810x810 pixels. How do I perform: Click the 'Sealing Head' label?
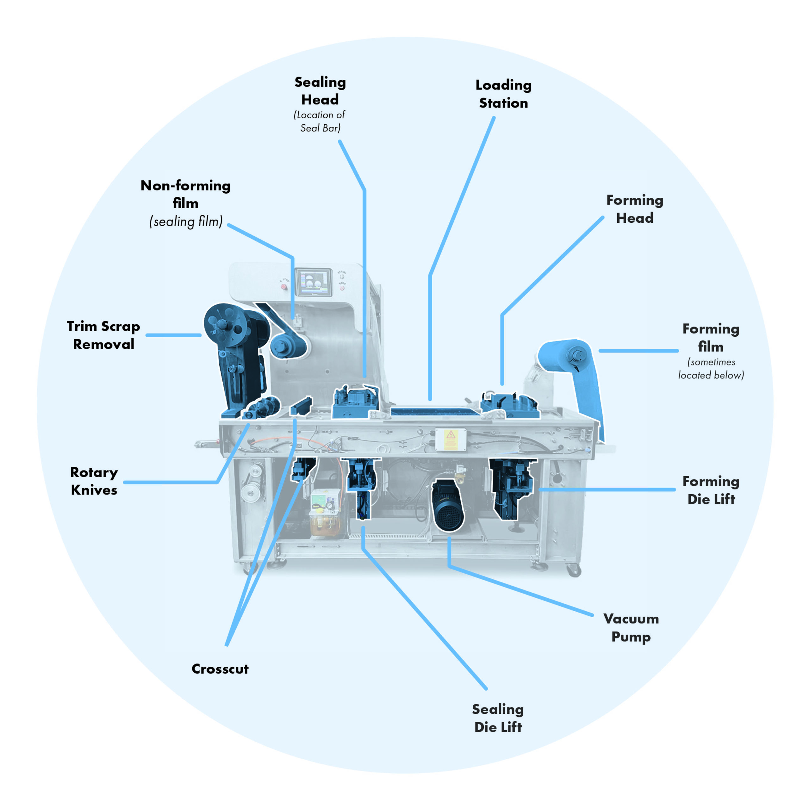click(x=320, y=90)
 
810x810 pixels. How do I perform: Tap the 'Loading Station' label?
click(x=503, y=94)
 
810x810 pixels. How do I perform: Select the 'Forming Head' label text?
click(x=635, y=209)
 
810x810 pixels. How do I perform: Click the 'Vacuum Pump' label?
click(x=631, y=628)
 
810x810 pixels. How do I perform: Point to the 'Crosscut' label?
click(x=220, y=669)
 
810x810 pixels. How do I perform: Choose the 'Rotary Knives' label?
click(x=94, y=481)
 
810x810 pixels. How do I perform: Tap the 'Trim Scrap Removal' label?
click(x=103, y=335)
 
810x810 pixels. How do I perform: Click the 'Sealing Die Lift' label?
click(x=498, y=718)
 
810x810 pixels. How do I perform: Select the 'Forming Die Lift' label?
click(x=711, y=490)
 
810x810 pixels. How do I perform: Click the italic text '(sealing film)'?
click(x=186, y=222)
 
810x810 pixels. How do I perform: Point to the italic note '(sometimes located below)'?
click(x=711, y=369)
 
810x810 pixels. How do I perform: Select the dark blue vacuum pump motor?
click(x=448, y=505)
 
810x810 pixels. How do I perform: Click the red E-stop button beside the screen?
click(x=284, y=287)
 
